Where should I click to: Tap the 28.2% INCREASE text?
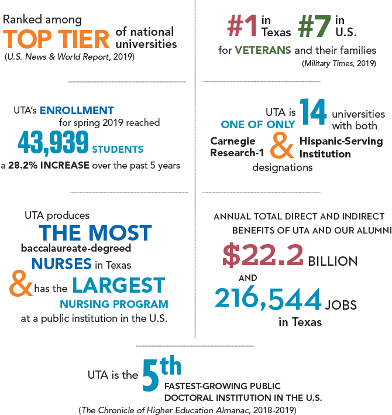49,166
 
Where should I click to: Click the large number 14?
314,114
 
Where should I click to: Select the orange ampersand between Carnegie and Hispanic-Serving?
283,148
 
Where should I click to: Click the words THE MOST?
95,232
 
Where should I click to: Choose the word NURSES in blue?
61,263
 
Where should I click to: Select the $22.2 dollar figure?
263,255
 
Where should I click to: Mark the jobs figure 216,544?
268,299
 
